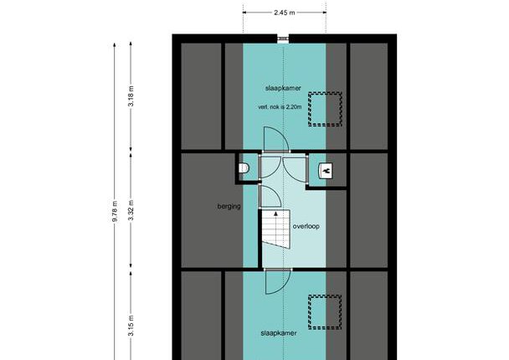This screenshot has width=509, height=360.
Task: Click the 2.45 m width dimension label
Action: pos(285,13)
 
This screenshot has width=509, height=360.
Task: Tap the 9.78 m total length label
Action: pos(115,211)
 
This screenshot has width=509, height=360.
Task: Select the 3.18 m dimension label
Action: pos(131,96)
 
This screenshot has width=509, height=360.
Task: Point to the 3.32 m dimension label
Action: pos(131,210)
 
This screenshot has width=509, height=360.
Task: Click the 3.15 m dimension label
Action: pos(131,326)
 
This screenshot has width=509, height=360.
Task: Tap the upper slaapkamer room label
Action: pos(283,88)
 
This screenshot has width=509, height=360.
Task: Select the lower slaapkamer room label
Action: pos(279,333)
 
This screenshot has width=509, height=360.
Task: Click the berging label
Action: pos(229,206)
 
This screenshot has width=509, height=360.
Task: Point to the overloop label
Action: pos(306,226)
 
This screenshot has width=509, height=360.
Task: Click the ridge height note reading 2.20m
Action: pos(280,107)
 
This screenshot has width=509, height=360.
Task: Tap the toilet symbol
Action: pos(244,168)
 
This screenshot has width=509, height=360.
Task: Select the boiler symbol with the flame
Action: pos(326,171)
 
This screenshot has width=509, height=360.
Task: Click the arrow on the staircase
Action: pos(276,213)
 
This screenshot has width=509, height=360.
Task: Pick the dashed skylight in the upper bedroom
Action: pos(325,109)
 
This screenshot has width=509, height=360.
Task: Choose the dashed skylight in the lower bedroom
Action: pos(325,312)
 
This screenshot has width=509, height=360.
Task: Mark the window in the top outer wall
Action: pos(283,39)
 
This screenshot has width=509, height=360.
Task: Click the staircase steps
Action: pos(276,229)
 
